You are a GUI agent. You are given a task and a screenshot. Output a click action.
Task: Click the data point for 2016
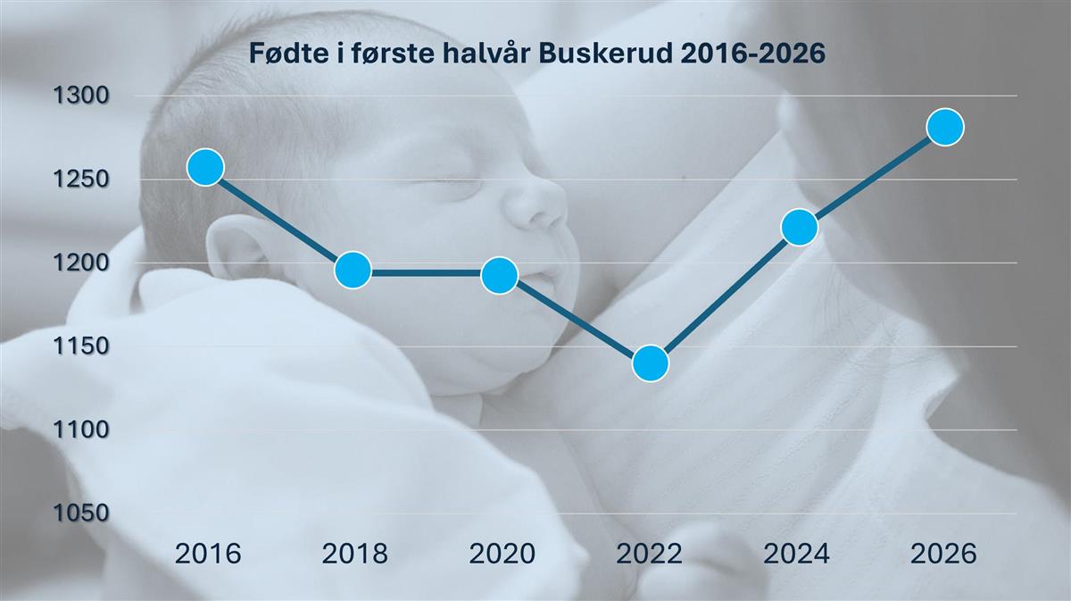[x=205, y=167]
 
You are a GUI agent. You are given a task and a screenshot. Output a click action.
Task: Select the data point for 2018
[x=353, y=270]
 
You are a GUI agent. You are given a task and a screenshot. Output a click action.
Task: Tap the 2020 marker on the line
[x=499, y=275]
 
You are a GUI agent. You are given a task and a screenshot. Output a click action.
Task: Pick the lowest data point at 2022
[x=651, y=363]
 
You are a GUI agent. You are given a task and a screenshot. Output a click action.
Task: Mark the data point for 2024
[x=799, y=228]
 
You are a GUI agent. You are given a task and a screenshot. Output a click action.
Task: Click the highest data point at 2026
[x=945, y=127]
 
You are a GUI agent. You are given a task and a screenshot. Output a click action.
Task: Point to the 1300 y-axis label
[x=81, y=96]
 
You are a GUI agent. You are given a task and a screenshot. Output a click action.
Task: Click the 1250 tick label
[x=81, y=179]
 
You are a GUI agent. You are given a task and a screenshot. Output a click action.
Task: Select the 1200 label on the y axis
[x=81, y=263]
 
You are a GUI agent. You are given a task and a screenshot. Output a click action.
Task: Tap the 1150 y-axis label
[x=81, y=346]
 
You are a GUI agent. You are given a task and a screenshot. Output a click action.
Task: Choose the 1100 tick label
[x=81, y=430]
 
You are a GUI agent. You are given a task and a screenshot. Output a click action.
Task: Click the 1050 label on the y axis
[x=81, y=513]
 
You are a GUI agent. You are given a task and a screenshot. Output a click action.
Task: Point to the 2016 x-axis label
[x=208, y=554]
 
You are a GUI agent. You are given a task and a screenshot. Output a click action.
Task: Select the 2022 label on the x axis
[x=650, y=554]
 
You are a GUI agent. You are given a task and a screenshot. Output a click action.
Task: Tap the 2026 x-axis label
[x=943, y=554]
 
